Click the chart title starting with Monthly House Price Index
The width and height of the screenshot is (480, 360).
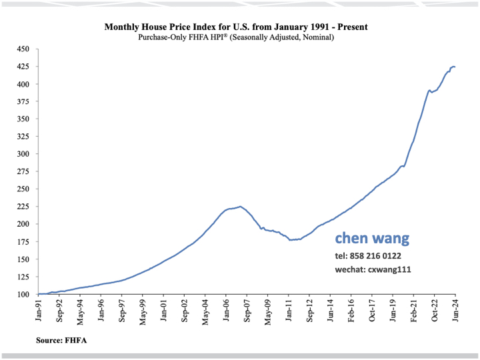[236, 27]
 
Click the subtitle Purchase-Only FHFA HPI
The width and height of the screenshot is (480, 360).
[236, 37]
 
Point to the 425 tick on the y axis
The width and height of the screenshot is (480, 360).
[24, 67]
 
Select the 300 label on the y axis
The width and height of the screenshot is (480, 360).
[24, 154]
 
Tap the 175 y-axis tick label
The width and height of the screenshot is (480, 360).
[24, 241]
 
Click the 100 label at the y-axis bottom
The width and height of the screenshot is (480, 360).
[24, 294]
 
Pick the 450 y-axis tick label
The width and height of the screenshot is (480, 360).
[24, 49]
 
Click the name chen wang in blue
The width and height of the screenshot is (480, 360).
[372, 239]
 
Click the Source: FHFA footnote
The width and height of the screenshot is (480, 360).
[62, 341]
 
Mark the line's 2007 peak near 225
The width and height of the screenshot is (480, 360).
[240, 207]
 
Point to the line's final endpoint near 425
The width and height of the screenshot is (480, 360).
[455, 67]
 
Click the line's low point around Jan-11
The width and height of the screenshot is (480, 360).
[291, 240]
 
